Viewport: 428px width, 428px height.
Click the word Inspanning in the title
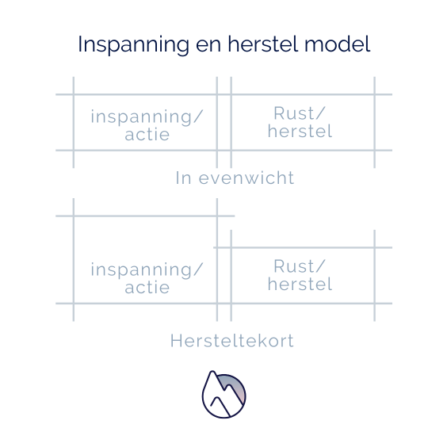[133, 45]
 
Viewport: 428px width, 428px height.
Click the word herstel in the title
[262, 44]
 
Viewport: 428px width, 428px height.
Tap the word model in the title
[338, 44]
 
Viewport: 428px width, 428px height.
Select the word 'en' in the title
[208, 46]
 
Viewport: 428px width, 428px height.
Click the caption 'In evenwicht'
[235, 178]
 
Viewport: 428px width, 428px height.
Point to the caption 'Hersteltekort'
[232, 341]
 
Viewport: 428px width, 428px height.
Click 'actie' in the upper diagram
[147, 135]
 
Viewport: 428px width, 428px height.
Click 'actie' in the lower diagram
[147, 288]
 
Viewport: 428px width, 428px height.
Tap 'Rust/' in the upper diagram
[300, 113]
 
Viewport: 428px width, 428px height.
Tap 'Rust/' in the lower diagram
[300, 266]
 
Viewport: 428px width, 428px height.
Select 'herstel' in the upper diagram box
[300, 131]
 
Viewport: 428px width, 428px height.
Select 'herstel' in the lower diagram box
[300, 284]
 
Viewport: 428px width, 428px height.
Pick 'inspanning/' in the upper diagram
[147, 117]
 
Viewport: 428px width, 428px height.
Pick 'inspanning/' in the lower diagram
[147, 270]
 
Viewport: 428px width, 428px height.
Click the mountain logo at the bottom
[224, 394]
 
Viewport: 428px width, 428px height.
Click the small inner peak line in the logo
[220, 405]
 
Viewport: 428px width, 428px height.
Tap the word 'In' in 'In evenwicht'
[183, 178]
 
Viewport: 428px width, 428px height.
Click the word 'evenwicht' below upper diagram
[246, 178]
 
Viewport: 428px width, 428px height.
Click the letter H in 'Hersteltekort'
[176, 341]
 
